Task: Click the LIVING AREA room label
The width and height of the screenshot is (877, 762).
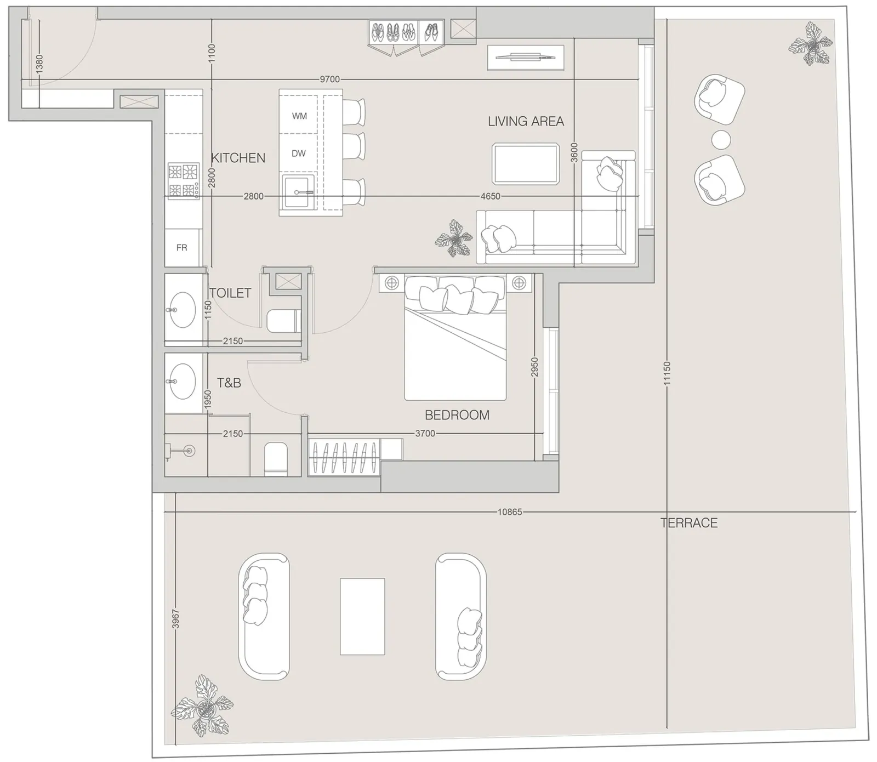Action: point(526,121)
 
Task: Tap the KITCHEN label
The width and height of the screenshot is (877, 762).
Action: point(238,158)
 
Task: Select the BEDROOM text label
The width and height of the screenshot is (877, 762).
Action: point(457,415)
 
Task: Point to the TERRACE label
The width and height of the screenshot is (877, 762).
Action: point(689,523)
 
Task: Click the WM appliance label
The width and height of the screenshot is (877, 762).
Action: point(299,116)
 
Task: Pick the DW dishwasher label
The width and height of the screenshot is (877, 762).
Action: point(299,153)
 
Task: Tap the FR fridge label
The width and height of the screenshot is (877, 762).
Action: point(181,248)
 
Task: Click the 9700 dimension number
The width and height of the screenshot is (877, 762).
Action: point(329,79)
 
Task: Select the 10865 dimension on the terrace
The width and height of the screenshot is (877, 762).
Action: point(510,512)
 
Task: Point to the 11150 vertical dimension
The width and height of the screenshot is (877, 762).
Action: point(667,373)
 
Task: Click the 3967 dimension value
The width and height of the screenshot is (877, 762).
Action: point(175,619)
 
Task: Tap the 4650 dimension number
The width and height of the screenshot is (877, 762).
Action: point(490,196)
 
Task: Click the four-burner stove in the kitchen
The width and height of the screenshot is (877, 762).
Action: point(184,181)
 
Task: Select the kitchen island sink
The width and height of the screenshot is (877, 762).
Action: point(299,191)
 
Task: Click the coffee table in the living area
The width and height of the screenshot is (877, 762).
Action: point(526,164)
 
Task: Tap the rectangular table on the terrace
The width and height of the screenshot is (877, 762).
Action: point(362,617)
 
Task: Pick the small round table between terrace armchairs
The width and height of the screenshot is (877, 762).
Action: point(721,140)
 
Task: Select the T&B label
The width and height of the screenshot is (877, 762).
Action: point(229,383)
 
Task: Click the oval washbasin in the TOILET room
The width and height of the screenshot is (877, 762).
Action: point(182,310)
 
